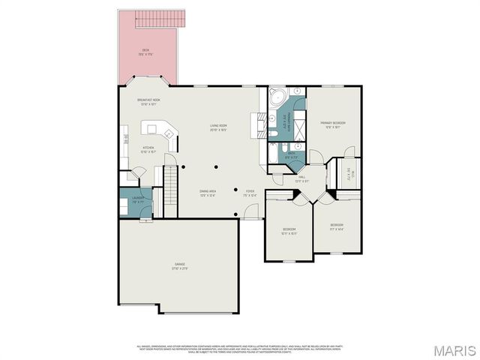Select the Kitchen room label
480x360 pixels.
[148, 149]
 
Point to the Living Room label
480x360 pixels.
[218, 127]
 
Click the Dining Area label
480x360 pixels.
[208, 193]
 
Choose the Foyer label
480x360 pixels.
[250, 193]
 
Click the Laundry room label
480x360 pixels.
[137, 200]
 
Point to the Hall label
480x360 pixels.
[301, 179]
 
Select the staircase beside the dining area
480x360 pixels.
[171, 192]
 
